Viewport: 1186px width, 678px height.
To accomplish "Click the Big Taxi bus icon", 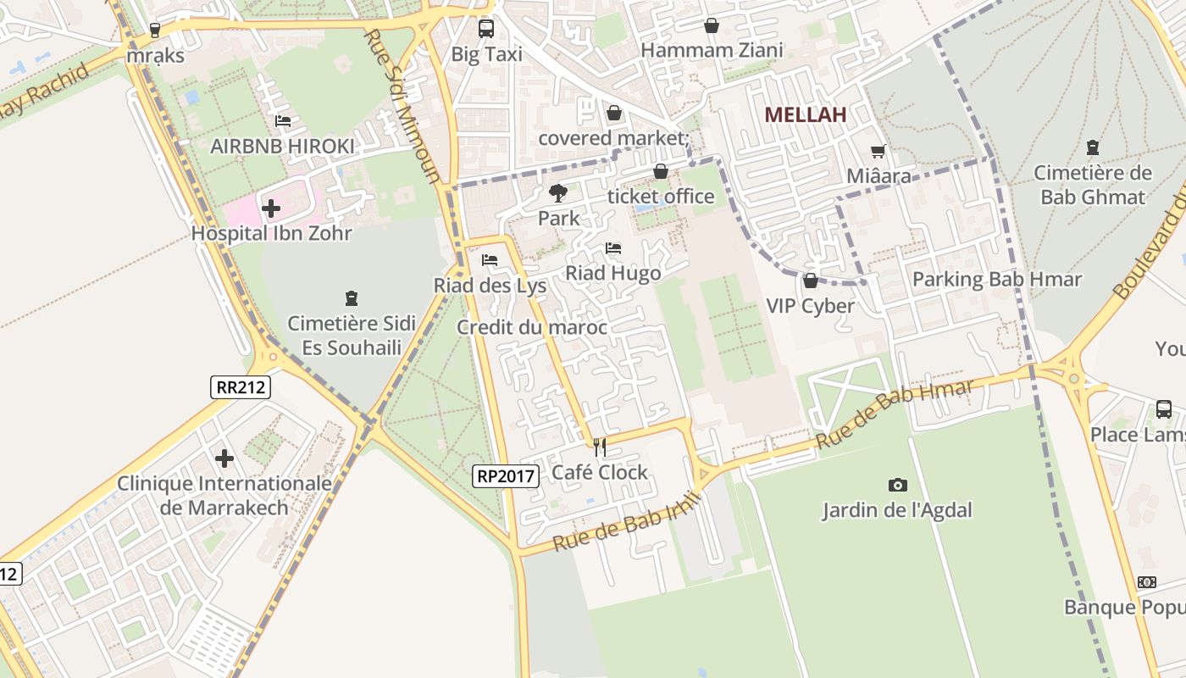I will point(486,29).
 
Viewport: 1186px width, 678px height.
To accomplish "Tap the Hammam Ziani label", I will point(712,51).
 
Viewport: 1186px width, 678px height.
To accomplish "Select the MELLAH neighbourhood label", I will point(805,115).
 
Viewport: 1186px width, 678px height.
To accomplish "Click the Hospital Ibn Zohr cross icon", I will point(271,208).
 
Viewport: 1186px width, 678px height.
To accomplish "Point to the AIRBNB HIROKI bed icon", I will point(283,121).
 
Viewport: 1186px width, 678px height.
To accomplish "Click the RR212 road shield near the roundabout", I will point(241,387).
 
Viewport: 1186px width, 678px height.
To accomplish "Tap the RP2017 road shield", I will point(506,476).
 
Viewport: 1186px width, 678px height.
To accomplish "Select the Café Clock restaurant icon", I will point(600,447).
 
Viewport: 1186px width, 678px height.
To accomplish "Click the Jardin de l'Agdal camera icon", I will point(898,485).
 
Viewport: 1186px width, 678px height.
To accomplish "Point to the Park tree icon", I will point(558,193).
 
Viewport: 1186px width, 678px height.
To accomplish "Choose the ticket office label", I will point(661,197).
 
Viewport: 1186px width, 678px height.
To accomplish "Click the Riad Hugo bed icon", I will point(613,248).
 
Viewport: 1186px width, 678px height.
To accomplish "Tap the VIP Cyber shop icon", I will point(811,281).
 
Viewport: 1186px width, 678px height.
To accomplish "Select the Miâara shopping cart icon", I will point(878,152).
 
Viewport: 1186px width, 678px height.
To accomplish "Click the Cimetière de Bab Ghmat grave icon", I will point(1093,147).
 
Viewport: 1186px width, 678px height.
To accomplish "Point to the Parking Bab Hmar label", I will point(996,279).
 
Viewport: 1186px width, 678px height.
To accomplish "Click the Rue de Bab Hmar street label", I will point(895,414).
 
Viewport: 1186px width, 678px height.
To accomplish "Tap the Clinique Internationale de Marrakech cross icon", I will point(224,458).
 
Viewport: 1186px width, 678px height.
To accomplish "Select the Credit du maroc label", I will point(532,327).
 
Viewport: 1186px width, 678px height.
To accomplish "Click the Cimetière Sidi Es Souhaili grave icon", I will point(352,297).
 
